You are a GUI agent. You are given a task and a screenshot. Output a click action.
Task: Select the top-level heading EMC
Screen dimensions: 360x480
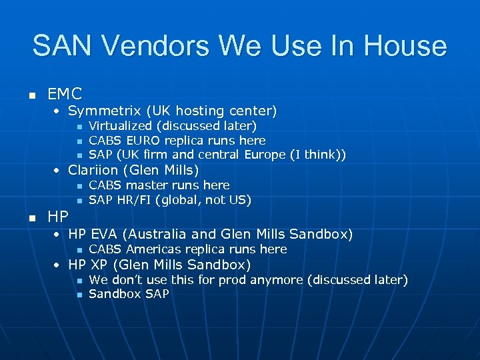[65, 94]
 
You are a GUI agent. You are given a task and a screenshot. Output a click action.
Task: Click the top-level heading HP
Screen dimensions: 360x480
[59, 217]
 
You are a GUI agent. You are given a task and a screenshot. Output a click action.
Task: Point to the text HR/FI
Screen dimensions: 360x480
[133, 200]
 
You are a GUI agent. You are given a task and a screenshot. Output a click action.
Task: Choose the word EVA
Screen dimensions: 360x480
[105, 234]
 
